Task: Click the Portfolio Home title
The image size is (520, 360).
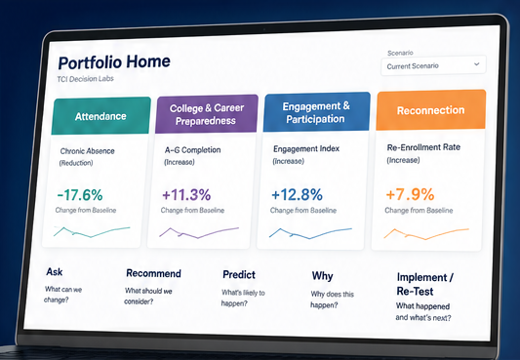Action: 114,62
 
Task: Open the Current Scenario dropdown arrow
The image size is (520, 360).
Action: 476,64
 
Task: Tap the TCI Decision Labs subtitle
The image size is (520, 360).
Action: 85,79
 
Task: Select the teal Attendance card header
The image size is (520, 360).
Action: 100,116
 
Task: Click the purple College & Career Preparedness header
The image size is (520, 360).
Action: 206,114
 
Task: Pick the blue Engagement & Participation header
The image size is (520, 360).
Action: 316,112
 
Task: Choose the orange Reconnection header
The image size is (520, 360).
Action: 431,109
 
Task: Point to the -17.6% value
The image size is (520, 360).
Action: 80,195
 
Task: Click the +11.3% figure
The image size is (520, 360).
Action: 186,194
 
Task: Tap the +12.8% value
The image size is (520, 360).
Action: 297,194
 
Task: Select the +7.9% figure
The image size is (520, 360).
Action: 410,194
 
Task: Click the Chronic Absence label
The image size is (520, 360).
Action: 87,151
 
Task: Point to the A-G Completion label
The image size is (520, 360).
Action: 192,150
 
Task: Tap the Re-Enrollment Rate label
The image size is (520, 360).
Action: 423,147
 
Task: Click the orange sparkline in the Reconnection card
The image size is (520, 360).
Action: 425,234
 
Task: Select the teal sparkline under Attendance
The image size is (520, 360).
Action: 92,232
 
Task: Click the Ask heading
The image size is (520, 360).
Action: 55,272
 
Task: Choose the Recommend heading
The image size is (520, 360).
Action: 153,273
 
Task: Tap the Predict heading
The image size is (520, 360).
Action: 239,274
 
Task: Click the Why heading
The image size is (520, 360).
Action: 322,276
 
